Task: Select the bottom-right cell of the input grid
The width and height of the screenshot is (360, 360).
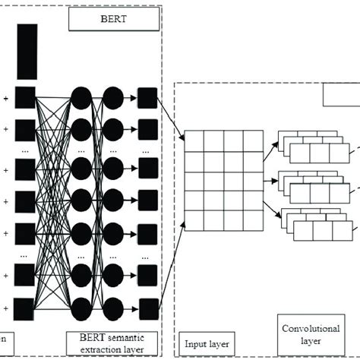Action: (x=253, y=222)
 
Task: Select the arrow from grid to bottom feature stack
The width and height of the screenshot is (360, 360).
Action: (x=272, y=212)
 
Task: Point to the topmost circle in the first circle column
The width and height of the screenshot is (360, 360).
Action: (x=81, y=98)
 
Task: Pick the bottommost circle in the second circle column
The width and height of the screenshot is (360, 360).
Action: (x=113, y=308)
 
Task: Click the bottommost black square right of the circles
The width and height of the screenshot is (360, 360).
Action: (x=147, y=308)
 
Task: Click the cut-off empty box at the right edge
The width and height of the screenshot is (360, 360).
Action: (x=341, y=95)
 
